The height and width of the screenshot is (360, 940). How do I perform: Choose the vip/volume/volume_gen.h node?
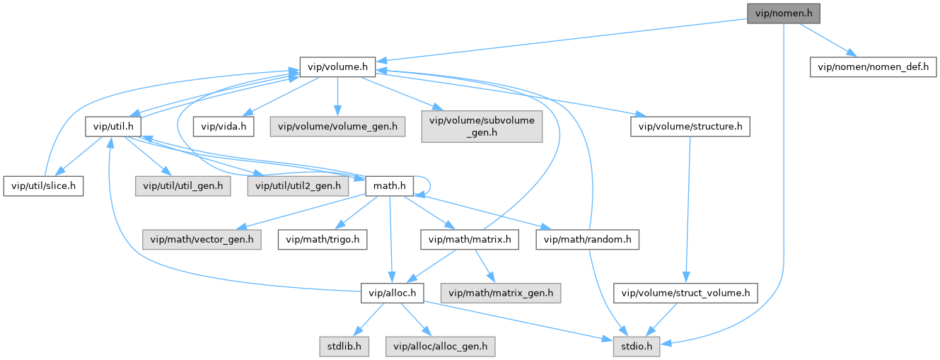pos(337,127)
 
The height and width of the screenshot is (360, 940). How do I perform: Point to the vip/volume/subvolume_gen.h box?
pos(482,127)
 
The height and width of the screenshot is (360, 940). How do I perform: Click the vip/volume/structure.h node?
pos(690,127)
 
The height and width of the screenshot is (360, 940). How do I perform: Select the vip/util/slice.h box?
pos(44,186)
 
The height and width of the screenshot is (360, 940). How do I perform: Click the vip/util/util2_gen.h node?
pos(298,186)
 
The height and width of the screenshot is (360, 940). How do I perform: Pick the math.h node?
pos(388,186)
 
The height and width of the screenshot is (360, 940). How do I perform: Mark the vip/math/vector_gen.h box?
pos(202,240)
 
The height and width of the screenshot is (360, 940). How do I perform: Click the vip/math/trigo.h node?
pos(323,240)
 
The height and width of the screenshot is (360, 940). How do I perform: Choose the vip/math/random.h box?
pos(588,240)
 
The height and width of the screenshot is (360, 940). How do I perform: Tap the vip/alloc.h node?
pos(392,293)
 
